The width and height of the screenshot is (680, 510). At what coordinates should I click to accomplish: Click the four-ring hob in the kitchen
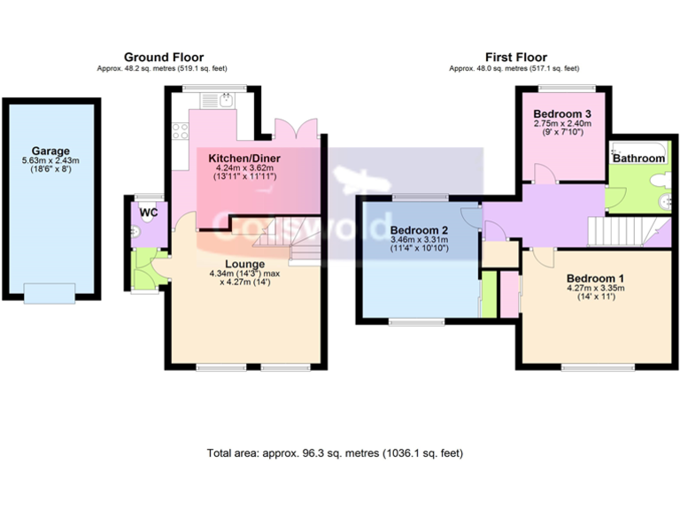coord(181,131)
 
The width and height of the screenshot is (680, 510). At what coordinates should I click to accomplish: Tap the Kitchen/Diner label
coord(242,158)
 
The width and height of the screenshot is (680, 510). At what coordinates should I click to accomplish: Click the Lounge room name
coord(245,264)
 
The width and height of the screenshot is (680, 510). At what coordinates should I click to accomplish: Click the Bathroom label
coord(639,158)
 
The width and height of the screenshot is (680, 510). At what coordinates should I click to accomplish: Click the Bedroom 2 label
coord(420,231)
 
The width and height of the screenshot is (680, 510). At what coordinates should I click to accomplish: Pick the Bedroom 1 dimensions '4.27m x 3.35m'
coord(596,288)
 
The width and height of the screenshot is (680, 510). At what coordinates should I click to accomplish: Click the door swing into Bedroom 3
coord(549,174)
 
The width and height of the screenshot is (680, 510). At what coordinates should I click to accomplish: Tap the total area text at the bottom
coord(335,452)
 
